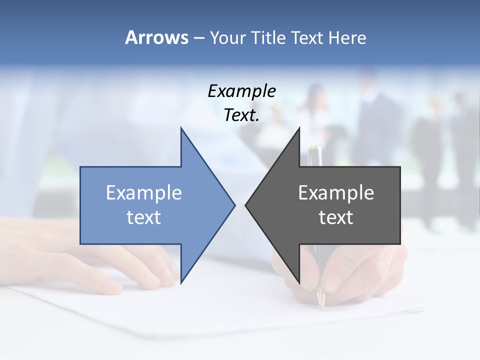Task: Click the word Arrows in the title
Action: (156, 37)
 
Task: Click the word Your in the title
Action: (227, 38)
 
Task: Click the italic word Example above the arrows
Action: (242, 91)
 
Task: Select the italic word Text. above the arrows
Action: (242, 115)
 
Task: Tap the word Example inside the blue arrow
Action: (144, 193)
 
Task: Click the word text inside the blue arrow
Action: (144, 217)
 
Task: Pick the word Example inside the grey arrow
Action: (336, 193)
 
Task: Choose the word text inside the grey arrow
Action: (336, 217)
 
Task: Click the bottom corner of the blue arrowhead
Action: (181, 281)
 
